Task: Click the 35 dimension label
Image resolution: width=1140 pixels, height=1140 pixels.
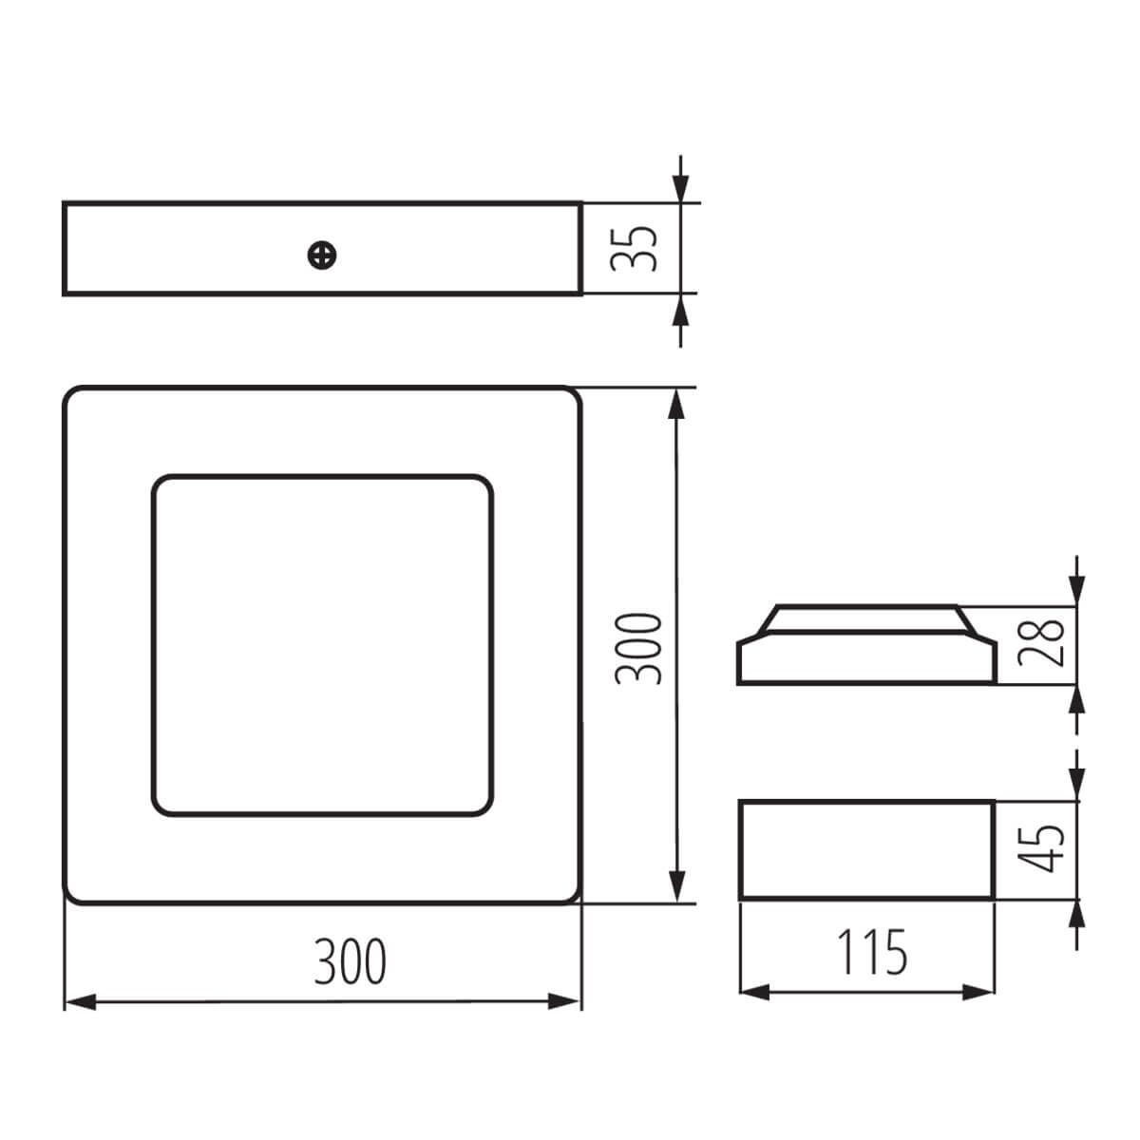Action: [x=634, y=248]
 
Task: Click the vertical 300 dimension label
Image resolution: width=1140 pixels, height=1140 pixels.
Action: [x=637, y=650]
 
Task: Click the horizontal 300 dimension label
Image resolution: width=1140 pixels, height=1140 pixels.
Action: [x=350, y=961]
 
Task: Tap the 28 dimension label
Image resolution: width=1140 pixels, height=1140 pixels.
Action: [x=1041, y=642]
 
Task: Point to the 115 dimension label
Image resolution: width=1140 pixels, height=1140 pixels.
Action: [x=872, y=952]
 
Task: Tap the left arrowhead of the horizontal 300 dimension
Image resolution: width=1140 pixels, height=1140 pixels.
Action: [x=80, y=1002]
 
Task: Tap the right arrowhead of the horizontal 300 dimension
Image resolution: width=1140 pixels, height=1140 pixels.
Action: [x=563, y=1002]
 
